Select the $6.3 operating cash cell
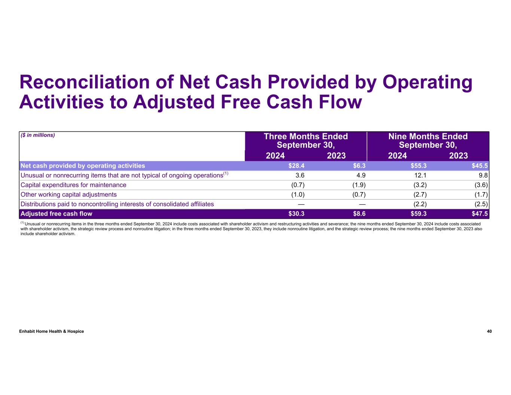pos(359,166)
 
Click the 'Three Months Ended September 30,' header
pos(306,141)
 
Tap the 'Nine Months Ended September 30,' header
pos(428,141)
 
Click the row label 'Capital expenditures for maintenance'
pos(73,185)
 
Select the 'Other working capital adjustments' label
pos(69,195)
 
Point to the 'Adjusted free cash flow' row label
pos(56,214)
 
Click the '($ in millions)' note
pos(37,135)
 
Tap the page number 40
pos(489,331)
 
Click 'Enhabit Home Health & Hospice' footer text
pos(52,331)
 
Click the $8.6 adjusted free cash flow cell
pos(359,214)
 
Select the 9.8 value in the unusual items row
pos(484,175)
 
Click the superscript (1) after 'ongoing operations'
pos(226,173)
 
